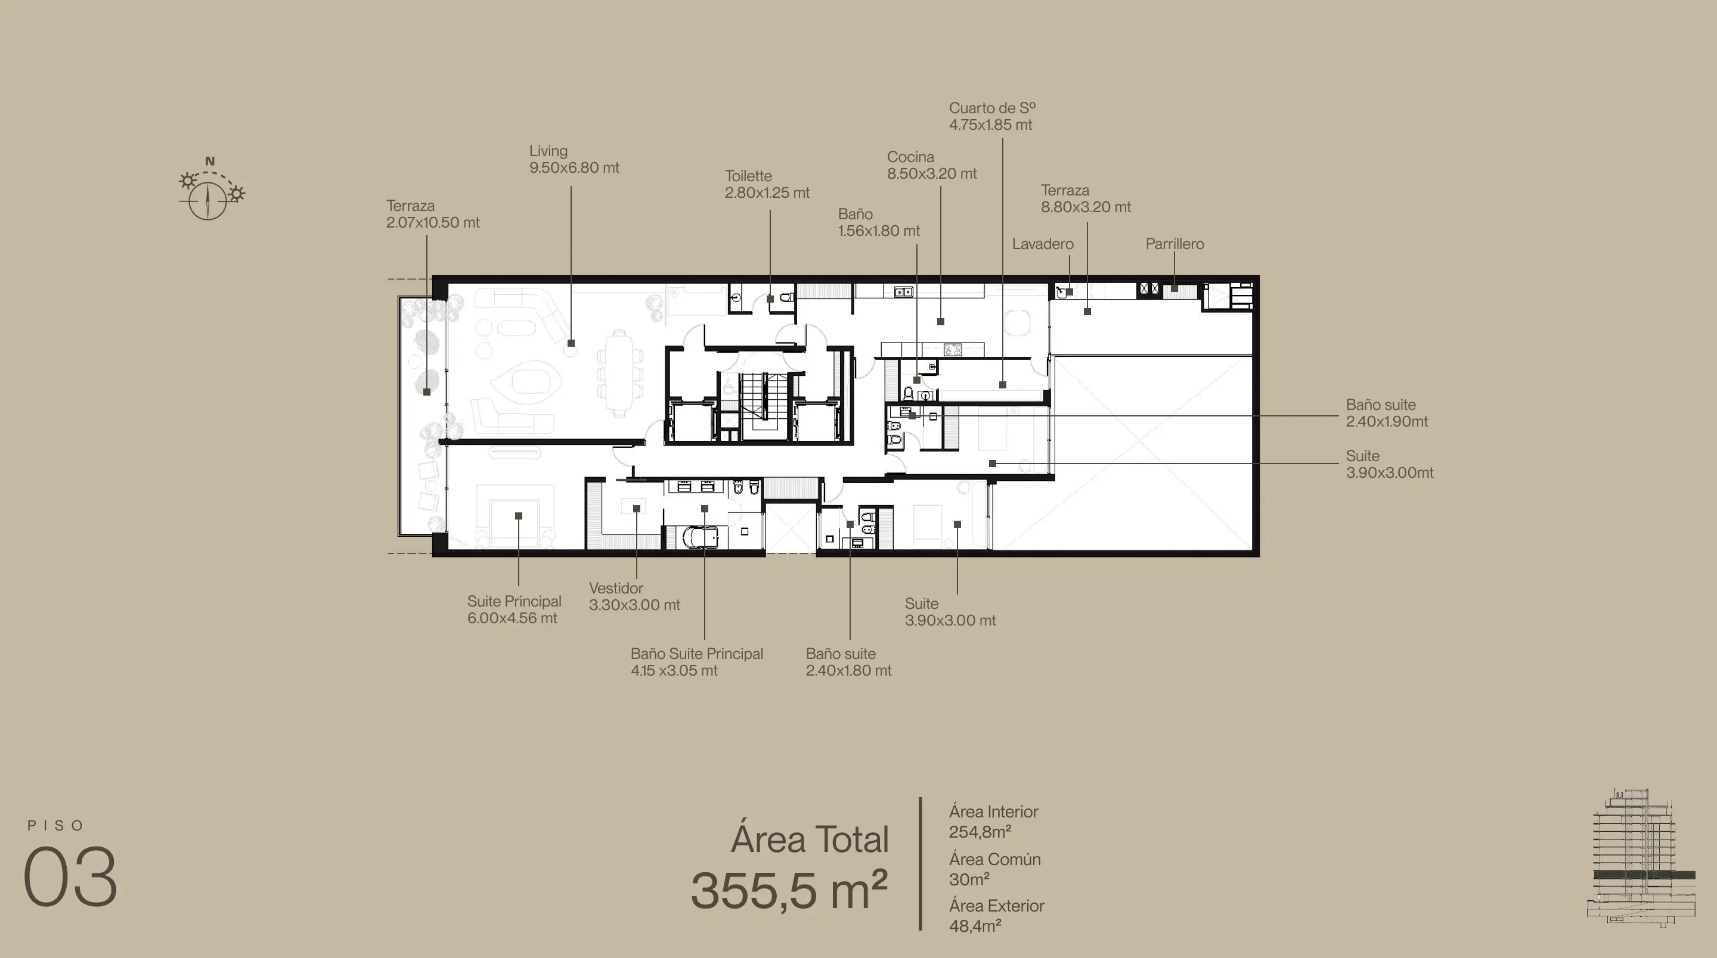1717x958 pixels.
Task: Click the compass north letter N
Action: tap(210, 161)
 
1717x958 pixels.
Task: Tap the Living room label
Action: tap(548, 151)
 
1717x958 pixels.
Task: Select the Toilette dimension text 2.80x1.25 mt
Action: tap(767, 192)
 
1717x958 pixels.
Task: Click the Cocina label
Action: tap(910, 157)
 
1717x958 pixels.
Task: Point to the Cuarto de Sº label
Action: tap(993, 108)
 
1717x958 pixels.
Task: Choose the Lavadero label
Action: tap(1043, 244)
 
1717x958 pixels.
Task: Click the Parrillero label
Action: tap(1174, 244)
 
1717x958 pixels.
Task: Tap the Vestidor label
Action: tap(616, 588)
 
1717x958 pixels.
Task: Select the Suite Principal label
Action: tap(514, 601)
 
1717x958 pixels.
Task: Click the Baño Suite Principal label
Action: tap(696, 654)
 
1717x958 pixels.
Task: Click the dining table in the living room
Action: tap(620, 373)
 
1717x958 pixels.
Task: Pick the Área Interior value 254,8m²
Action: tap(980, 832)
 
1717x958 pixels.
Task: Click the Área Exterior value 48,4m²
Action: tap(975, 926)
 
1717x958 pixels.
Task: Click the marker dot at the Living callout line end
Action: tap(571, 343)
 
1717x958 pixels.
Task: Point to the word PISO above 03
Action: tap(56, 825)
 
